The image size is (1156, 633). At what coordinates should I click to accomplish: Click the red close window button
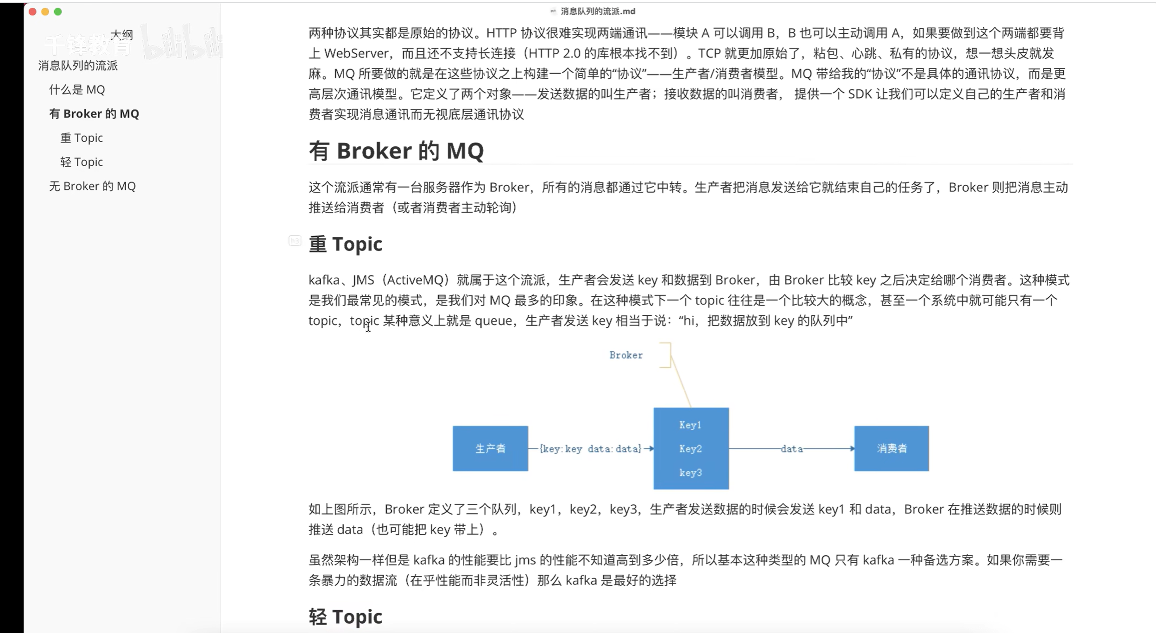click(x=32, y=12)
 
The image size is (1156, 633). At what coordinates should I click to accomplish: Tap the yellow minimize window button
click(x=45, y=12)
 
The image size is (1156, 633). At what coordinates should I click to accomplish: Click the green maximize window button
click(x=58, y=12)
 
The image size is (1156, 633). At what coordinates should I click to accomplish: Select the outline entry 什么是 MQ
click(x=77, y=89)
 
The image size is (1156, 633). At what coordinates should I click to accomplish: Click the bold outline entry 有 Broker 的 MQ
click(x=94, y=113)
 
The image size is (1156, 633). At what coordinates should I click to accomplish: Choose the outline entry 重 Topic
click(x=82, y=138)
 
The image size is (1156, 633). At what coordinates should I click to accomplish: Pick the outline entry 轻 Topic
click(x=82, y=162)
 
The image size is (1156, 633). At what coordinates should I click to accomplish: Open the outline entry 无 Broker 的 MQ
click(x=92, y=186)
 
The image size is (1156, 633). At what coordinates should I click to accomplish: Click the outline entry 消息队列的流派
click(x=78, y=65)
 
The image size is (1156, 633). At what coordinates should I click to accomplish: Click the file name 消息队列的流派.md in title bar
click(x=597, y=11)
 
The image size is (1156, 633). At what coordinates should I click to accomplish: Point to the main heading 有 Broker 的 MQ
click(x=396, y=151)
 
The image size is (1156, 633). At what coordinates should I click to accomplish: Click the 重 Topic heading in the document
click(x=346, y=244)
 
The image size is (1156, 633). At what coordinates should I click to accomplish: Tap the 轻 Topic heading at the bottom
click(x=346, y=617)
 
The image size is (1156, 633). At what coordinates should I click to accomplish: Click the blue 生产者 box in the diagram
click(x=490, y=448)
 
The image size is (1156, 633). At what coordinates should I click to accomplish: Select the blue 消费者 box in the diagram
click(x=891, y=448)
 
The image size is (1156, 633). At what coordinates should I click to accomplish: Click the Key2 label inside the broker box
click(x=690, y=449)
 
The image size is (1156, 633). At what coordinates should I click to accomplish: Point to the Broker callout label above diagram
click(x=626, y=355)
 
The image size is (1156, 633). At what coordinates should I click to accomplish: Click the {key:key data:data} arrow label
click(x=590, y=449)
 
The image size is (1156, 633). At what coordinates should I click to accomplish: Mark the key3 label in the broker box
click(x=690, y=473)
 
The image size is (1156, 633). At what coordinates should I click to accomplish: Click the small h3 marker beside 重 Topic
click(x=295, y=241)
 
